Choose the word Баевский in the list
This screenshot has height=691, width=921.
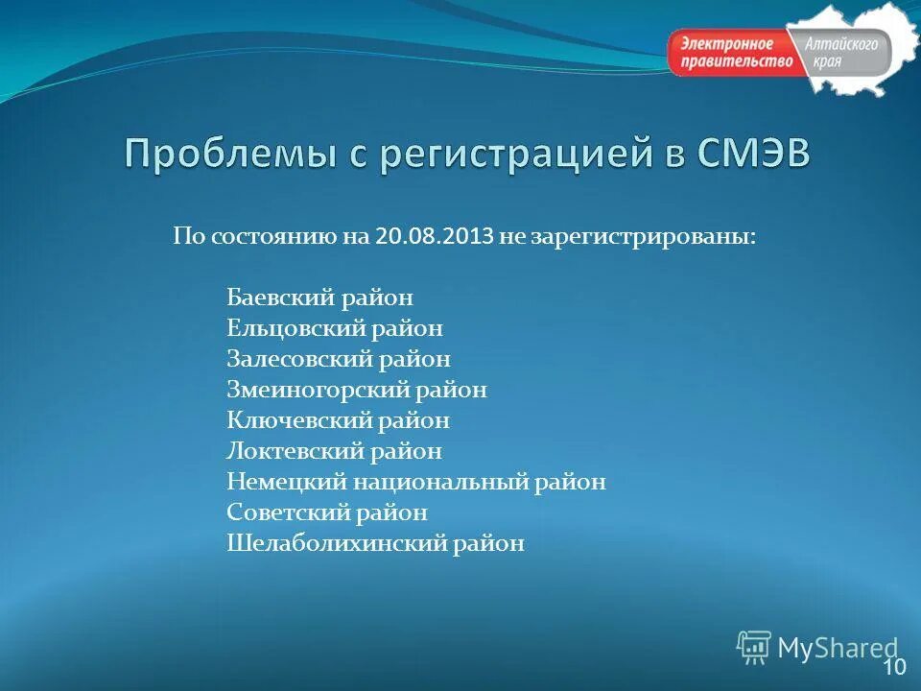point(279,298)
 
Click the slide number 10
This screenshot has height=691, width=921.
point(893,667)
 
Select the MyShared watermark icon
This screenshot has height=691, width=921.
point(754,647)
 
